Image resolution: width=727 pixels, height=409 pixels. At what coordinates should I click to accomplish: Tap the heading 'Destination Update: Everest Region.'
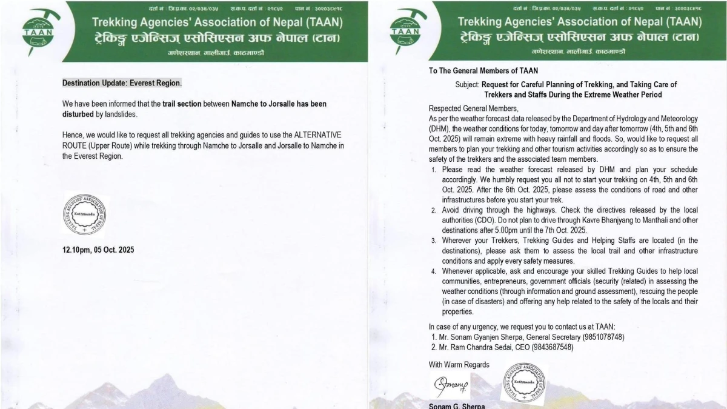click(x=122, y=83)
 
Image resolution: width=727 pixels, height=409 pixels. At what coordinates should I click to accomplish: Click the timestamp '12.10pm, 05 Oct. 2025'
click(x=102, y=250)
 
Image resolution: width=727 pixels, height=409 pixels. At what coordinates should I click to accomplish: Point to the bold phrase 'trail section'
click(x=182, y=104)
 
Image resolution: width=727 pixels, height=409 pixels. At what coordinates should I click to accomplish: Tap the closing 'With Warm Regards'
click(x=459, y=365)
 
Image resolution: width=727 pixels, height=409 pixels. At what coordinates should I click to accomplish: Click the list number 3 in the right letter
click(x=434, y=241)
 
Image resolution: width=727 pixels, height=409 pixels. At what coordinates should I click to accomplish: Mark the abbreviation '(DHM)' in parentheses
click(x=440, y=128)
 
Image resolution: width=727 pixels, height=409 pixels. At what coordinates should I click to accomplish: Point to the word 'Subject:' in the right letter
click(x=467, y=85)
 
